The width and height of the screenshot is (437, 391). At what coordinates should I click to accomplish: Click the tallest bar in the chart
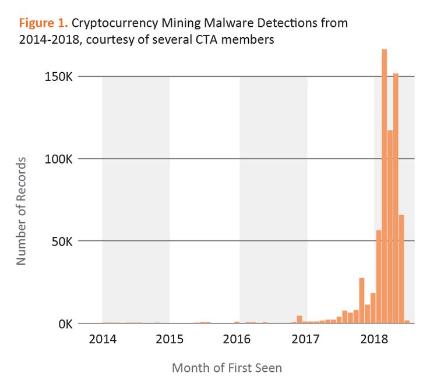point(385,186)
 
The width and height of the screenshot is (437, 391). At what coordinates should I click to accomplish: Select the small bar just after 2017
point(299,319)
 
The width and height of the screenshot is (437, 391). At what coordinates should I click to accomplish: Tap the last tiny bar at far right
point(407,321)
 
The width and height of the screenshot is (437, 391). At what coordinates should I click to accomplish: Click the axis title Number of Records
point(22,211)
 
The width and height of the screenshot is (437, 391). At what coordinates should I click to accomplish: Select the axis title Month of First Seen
point(227,368)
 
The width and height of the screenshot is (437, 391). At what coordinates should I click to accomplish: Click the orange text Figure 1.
point(44,23)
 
